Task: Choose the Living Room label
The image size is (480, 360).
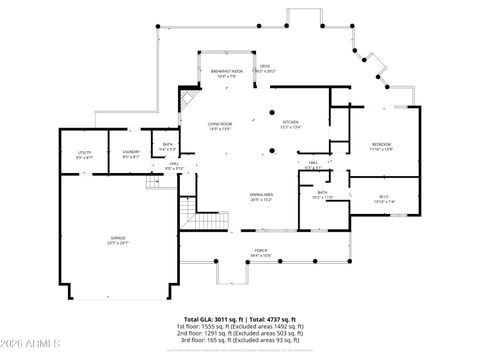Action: pos(220,127)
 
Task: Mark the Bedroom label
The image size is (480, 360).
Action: pos(381,146)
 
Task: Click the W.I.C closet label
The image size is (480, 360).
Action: pos(384,200)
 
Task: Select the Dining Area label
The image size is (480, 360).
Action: pos(263,196)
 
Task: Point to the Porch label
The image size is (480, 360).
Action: pos(260,252)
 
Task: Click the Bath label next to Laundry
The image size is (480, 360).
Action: pos(167,148)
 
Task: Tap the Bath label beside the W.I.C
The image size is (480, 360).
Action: pos(323,195)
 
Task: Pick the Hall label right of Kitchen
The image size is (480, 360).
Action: pos(313,166)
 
